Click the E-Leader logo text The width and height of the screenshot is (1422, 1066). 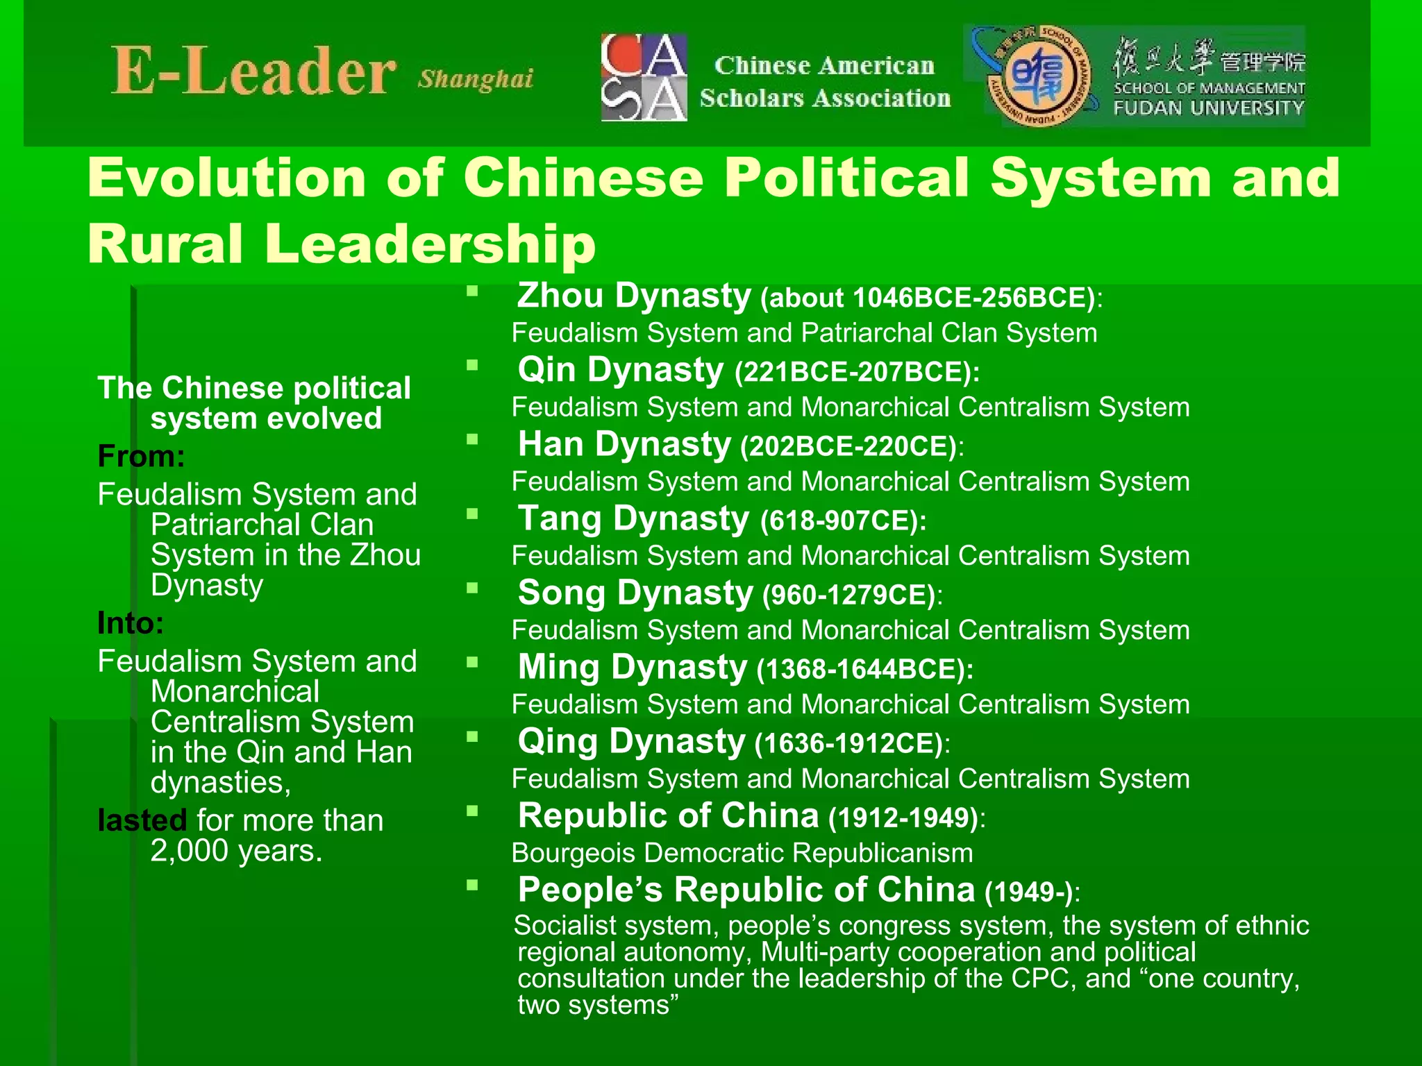pos(253,72)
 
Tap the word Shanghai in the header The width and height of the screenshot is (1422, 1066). pos(476,79)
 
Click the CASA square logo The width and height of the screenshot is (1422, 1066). pos(644,77)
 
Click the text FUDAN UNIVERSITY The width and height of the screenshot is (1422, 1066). pos(1209,108)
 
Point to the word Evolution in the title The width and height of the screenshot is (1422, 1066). pos(226,178)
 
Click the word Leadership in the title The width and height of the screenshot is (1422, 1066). pos(430,244)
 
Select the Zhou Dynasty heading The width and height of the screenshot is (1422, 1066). pos(634,296)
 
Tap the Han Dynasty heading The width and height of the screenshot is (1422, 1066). pos(624,444)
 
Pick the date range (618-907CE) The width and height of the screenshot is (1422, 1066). pos(843,521)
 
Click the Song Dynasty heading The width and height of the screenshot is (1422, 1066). pos(635,593)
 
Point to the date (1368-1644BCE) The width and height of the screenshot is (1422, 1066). pos(864,670)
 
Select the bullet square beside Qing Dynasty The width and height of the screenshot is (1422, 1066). pos(473,736)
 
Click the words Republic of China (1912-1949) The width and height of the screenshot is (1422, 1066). pos(751,816)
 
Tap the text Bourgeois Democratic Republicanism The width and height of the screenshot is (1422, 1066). pos(742,853)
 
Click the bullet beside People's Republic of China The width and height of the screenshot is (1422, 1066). pos(473,885)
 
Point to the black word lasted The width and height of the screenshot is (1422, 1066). pos(142,820)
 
